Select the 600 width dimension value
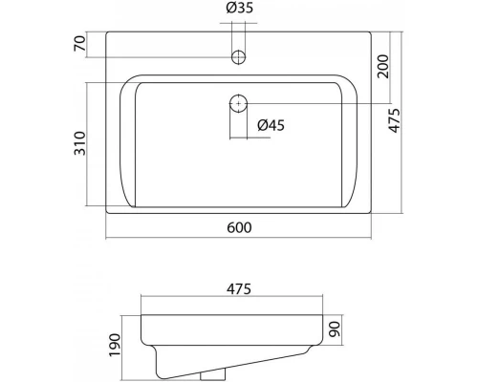click(x=239, y=228)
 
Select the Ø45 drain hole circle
click(x=238, y=102)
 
